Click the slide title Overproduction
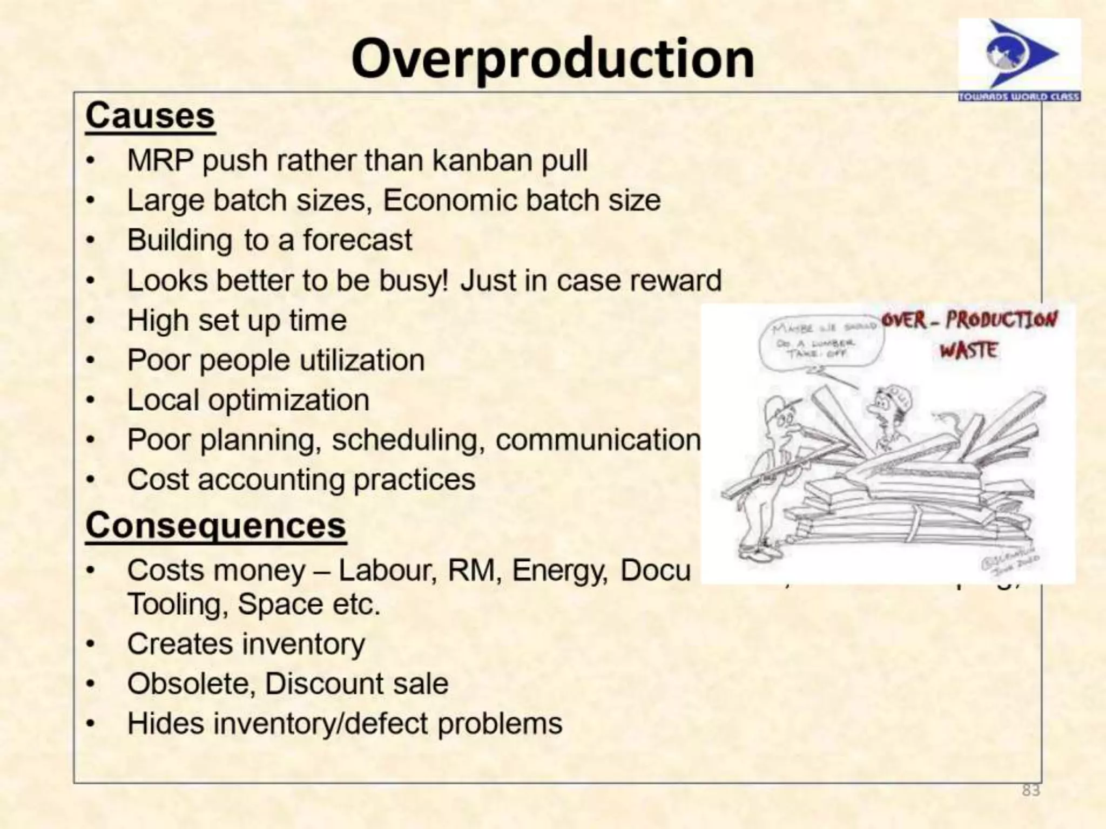[x=552, y=59]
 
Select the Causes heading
[x=150, y=116]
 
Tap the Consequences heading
[x=215, y=525]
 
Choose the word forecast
[x=357, y=240]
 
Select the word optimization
[x=288, y=400]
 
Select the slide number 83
[x=1030, y=791]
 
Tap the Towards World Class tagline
[x=1019, y=97]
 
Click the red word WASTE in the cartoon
[x=968, y=351]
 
